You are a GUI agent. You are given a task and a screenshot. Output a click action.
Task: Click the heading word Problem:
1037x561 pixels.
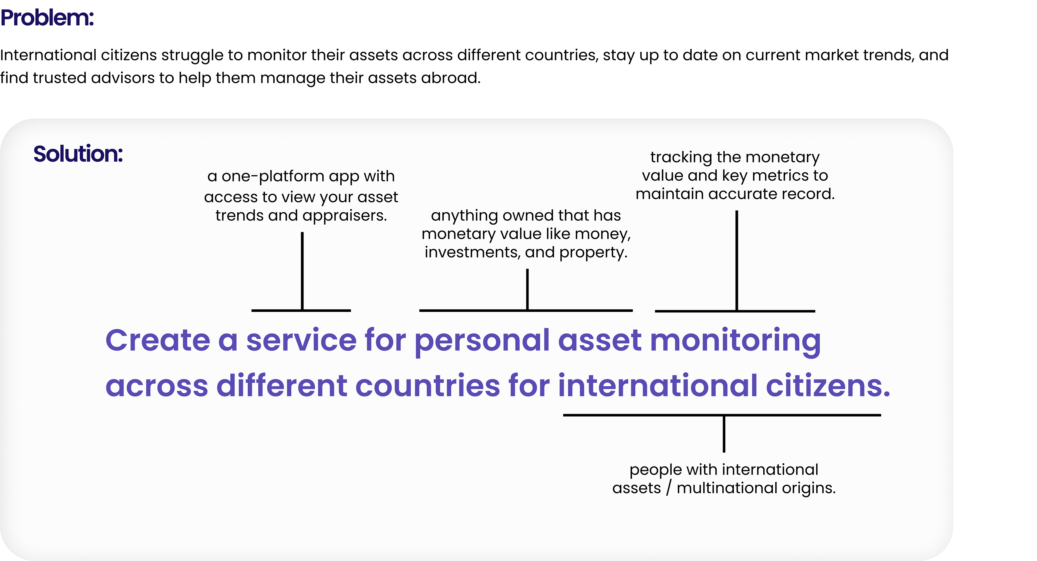[47, 18]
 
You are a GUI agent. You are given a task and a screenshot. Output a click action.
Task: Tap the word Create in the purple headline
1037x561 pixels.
[157, 340]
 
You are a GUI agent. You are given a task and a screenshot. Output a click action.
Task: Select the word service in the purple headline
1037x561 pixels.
[301, 340]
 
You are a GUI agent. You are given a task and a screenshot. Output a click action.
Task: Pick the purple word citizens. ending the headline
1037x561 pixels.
[828, 386]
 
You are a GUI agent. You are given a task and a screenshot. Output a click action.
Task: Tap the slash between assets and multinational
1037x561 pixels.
[669, 488]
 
